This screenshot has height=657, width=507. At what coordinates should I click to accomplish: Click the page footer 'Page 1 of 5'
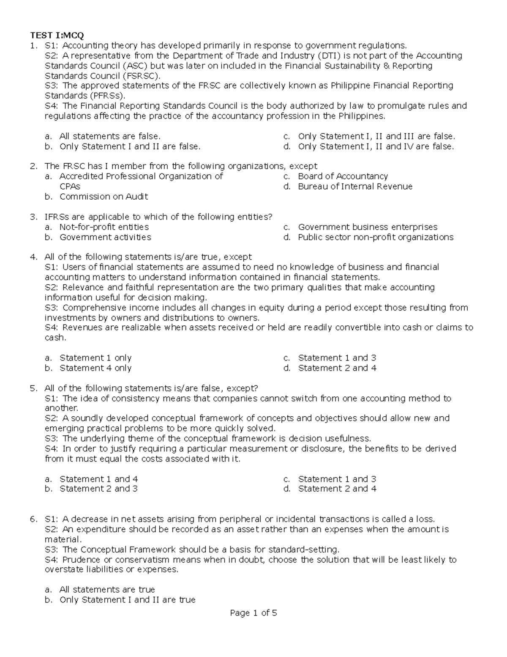(x=253, y=613)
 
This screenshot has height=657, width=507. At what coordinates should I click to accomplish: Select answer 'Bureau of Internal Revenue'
(x=355, y=187)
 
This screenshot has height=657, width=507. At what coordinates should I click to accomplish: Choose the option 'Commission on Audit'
(x=104, y=197)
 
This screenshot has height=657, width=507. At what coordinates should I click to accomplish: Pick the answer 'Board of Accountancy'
(x=343, y=176)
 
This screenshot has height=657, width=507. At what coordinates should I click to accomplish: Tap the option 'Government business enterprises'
(x=368, y=227)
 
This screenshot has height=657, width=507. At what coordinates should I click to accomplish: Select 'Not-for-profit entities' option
(x=104, y=227)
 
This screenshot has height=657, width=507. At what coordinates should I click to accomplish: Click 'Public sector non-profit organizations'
(x=376, y=237)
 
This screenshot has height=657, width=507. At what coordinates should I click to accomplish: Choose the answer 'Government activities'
(x=105, y=237)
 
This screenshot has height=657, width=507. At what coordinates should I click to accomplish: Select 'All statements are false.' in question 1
(x=110, y=136)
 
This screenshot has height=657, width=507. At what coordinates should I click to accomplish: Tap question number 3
(x=33, y=217)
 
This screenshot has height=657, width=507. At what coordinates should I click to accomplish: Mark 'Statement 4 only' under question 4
(x=95, y=368)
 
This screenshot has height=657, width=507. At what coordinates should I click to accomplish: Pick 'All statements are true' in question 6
(x=107, y=590)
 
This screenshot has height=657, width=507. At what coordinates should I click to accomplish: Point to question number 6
(x=33, y=519)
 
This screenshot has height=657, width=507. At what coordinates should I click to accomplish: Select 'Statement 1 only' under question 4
(x=95, y=358)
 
